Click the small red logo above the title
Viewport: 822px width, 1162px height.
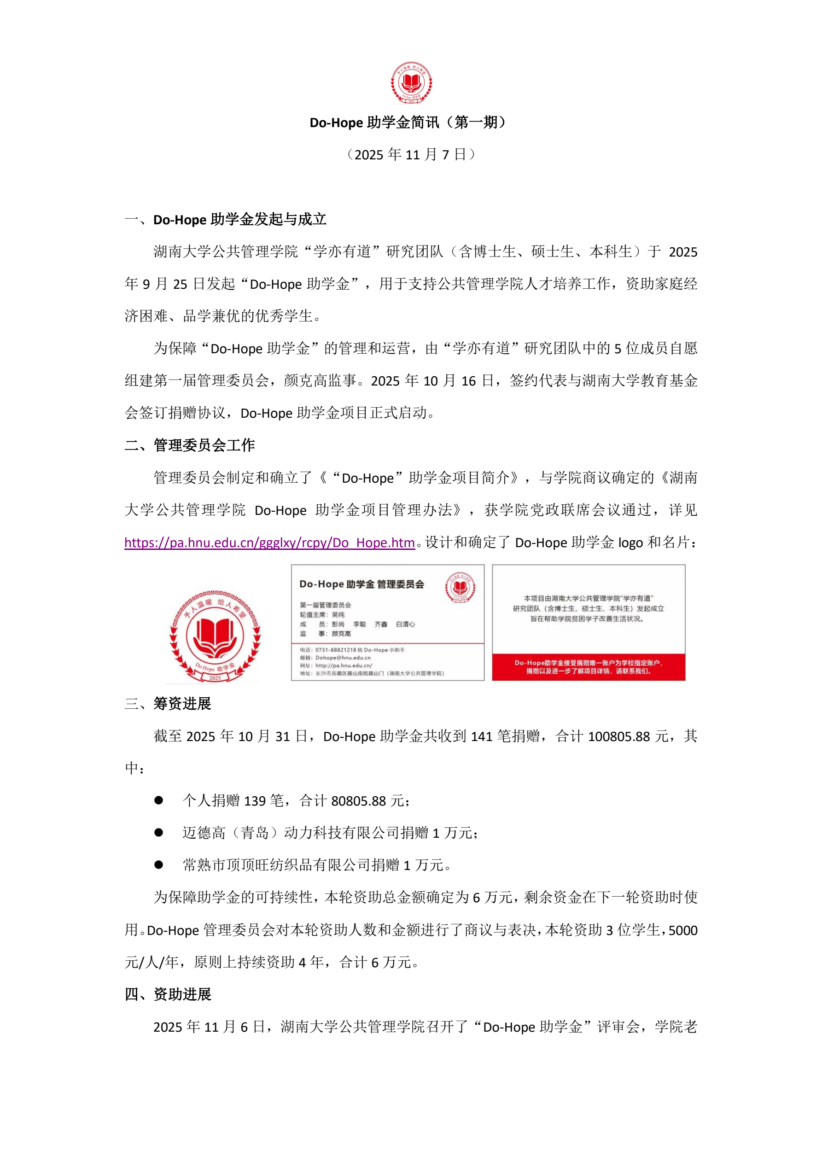click(411, 82)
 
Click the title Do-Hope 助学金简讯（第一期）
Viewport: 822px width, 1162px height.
click(408, 123)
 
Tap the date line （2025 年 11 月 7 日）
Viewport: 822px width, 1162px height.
click(410, 154)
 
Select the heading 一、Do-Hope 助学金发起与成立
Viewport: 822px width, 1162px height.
click(226, 220)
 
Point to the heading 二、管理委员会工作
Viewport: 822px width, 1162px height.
click(190, 445)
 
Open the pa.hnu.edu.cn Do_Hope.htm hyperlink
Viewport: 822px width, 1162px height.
click(269, 543)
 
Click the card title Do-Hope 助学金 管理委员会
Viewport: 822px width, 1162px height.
click(361, 584)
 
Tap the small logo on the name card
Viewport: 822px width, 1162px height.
click(460, 588)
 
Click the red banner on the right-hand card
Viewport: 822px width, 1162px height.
click(588, 666)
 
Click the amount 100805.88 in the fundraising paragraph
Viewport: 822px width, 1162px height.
click(618, 736)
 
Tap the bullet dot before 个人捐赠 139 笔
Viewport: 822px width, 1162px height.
click(158, 800)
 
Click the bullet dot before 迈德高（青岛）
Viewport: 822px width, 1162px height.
click(158, 833)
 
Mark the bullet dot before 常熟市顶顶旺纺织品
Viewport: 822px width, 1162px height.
click(158, 865)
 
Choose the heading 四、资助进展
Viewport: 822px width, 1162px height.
click(168, 994)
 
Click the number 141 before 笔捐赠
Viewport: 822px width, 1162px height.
click(481, 736)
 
